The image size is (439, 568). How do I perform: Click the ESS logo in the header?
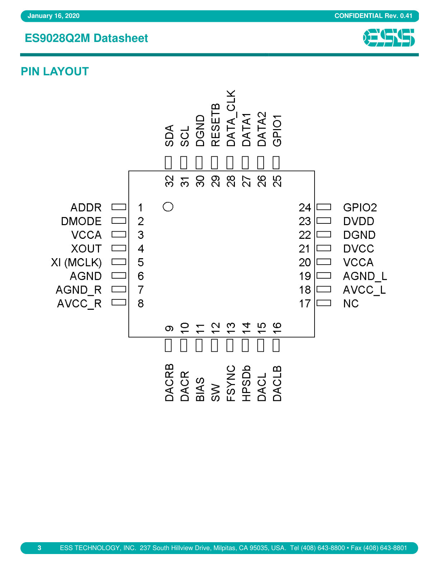[388, 38]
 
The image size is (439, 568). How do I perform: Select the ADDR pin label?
[86, 208]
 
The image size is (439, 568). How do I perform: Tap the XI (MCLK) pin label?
[76, 262]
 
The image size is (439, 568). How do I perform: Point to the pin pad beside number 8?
[119, 302]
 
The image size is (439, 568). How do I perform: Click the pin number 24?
[305, 208]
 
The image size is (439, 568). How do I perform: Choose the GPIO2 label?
[360, 208]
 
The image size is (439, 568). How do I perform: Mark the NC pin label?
[351, 303]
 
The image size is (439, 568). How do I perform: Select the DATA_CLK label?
[231, 118]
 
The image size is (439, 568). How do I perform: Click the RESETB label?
[216, 125]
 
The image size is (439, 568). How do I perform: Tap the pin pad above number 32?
[168, 162]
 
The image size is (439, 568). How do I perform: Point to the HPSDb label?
[246, 383]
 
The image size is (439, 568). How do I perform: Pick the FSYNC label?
[231, 383]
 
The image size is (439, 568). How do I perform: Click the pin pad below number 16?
[276, 345]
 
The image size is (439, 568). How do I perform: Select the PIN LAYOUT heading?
[55, 71]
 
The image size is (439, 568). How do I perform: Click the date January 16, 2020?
[53, 16]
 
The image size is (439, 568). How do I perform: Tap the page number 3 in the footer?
[39, 548]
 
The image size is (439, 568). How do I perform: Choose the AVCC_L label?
[364, 290]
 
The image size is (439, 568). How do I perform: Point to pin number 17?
[305, 303]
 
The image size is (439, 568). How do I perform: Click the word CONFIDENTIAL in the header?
[358, 16]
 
